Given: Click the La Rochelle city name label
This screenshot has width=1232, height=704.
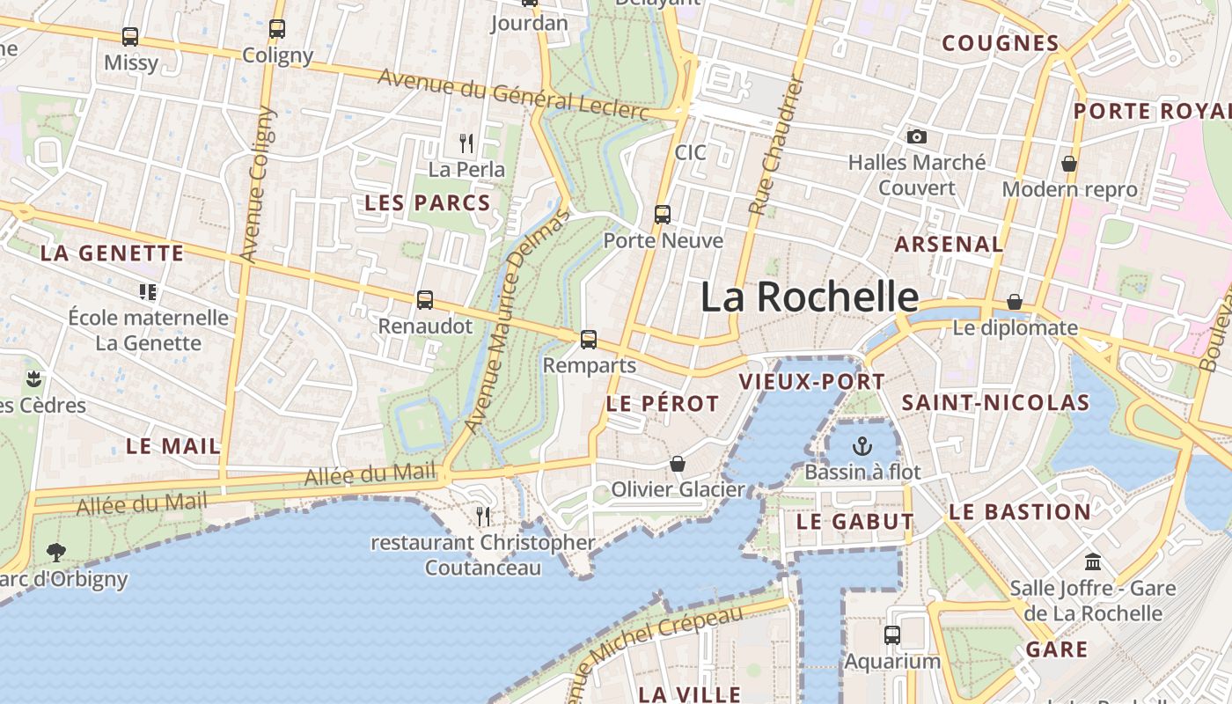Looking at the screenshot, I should pos(810,297).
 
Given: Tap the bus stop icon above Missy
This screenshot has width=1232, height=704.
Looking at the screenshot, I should pos(130,37).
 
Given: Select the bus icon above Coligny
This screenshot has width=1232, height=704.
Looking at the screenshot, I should pos(277,29).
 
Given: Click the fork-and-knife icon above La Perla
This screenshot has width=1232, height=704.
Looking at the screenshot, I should pos(466,142).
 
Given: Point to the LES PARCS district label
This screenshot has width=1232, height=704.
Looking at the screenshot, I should pos(428,203).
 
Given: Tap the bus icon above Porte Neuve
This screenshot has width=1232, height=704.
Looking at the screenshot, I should pos(663,214).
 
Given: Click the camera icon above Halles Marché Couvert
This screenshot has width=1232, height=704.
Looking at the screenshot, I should pos(917,136).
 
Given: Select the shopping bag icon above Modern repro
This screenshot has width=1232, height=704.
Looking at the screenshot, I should pos(1069,164).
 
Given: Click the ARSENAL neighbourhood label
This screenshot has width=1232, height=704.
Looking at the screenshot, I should pos(949,245).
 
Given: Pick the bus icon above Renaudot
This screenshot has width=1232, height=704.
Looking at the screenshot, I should pos(425,299).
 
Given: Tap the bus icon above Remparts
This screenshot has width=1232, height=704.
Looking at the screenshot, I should pos(589,339).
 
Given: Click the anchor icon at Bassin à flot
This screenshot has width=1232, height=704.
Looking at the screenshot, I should pos(862,446).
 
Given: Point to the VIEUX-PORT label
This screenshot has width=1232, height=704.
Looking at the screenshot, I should pos(812,382).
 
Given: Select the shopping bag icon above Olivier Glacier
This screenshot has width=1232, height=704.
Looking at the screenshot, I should pos(678,463).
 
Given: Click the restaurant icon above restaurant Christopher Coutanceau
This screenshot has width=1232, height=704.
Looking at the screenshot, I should pos(482,515).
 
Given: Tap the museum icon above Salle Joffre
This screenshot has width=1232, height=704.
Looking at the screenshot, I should pos(1093,561).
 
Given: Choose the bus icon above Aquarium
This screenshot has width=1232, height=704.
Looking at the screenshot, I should pos(892,634).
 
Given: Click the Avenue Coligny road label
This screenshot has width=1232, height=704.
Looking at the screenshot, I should pos(257,185).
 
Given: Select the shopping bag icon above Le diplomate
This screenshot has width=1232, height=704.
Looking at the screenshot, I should pos(1015,302).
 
